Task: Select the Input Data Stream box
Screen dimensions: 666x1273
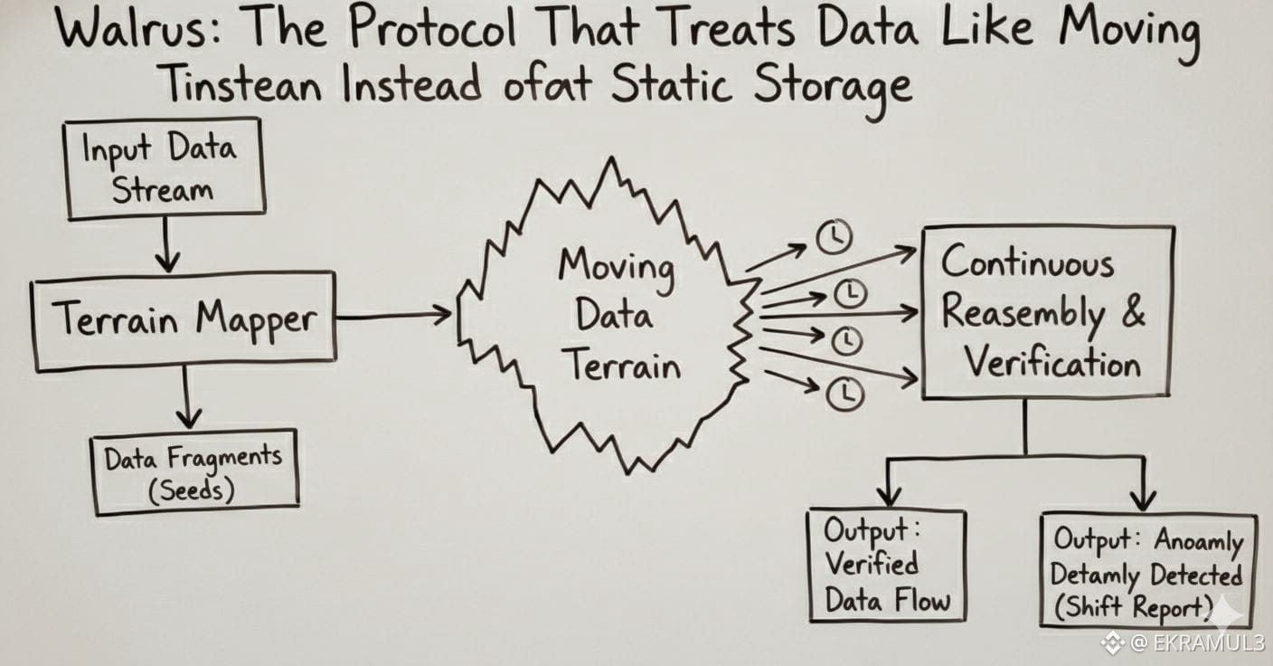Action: [x=165, y=168]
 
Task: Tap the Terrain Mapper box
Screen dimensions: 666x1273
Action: [x=184, y=320]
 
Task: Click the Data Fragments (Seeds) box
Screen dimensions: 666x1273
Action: [x=195, y=471]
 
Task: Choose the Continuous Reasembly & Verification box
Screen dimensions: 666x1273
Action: [x=1046, y=312]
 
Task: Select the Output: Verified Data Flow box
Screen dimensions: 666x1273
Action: [x=886, y=566]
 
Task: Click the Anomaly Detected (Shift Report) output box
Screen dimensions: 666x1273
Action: [x=1147, y=571]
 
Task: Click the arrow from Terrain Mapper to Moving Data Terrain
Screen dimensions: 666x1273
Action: [x=393, y=315]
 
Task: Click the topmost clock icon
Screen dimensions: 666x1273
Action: [x=835, y=238]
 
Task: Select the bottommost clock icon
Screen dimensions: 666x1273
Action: [x=846, y=394]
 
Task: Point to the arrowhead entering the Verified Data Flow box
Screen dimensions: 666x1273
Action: [x=890, y=497]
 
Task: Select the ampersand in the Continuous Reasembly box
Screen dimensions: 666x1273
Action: [x=1133, y=312]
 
